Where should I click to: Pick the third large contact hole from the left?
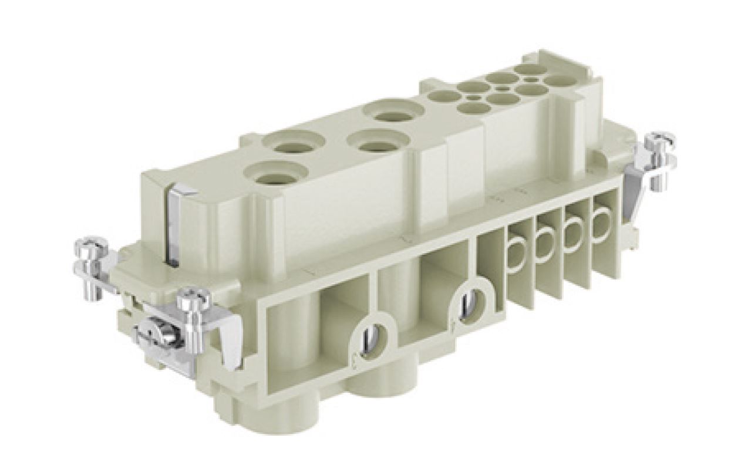378,141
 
